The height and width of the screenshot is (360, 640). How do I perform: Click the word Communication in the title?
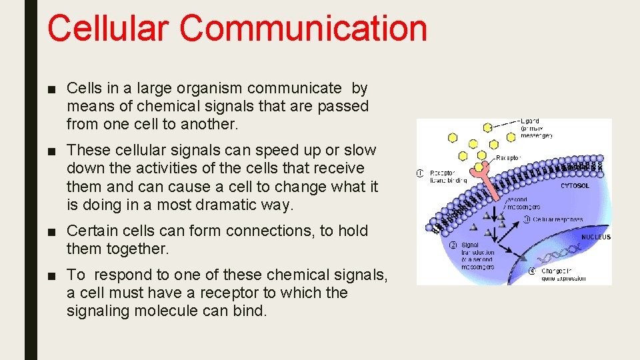[x=303, y=29]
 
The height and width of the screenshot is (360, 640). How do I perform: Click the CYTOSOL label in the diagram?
[x=574, y=186]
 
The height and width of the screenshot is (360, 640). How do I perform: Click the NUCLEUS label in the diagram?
[x=595, y=237]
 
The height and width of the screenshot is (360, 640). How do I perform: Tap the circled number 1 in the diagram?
[x=420, y=173]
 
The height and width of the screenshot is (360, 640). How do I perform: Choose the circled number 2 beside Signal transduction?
[x=453, y=245]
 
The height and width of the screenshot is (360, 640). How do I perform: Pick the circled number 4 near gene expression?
[x=532, y=271]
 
